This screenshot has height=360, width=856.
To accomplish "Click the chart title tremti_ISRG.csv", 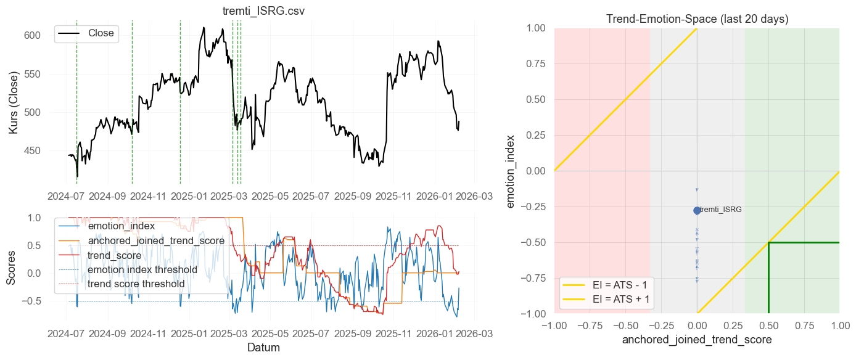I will pos(263,12).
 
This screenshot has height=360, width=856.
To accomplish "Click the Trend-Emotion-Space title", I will pos(697,19).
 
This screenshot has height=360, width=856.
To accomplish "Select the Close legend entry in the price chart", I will pos(101,33).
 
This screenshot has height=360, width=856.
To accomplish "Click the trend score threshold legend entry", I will pos(136,284).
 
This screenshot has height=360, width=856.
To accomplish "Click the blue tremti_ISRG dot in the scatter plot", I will pos(697,210).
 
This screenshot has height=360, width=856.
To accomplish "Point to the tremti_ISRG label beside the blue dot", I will pos(721,210).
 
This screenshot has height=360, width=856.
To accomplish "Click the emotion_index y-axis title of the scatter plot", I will pos(511,171).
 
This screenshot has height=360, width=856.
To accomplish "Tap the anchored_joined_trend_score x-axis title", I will pos(697,340).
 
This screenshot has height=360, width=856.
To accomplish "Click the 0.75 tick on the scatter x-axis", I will pos(804,325).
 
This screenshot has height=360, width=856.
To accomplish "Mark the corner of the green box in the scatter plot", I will pos(768,242).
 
